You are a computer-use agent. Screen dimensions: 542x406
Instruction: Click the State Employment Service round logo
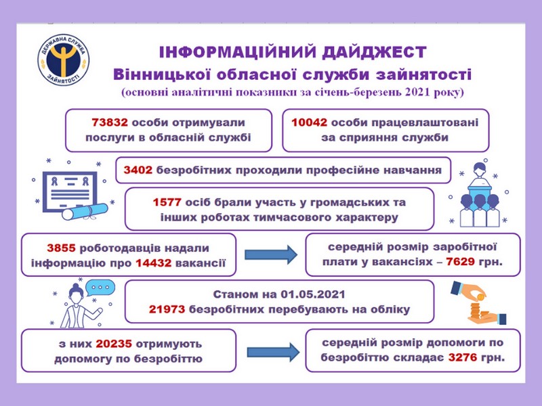[x=63, y=60]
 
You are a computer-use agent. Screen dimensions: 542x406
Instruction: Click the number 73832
[x=110, y=122]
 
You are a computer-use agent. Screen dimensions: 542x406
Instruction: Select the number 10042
[x=309, y=122]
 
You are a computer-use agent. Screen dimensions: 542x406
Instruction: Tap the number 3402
[x=138, y=170]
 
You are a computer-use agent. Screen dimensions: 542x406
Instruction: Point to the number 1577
[x=167, y=202]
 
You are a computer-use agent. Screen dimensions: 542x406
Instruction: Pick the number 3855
[x=61, y=248]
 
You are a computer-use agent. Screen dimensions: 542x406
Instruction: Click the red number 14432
[x=154, y=263]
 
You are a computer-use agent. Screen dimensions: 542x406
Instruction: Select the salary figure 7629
[x=460, y=262]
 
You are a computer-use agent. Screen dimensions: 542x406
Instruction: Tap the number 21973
[x=167, y=309]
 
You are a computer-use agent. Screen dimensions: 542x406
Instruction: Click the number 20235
[x=114, y=344]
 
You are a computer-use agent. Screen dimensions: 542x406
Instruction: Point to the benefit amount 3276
[x=463, y=357]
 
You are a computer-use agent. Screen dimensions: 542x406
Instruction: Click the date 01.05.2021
[x=313, y=294]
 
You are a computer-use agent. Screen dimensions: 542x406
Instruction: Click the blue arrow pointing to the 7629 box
[x=271, y=255]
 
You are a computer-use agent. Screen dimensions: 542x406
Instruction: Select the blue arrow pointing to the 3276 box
[x=273, y=352]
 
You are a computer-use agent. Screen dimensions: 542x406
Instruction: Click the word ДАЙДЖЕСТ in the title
[x=374, y=52]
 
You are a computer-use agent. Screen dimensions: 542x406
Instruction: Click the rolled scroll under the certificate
[x=85, y=211]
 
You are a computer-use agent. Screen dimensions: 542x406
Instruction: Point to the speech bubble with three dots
[x=100, y=288]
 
